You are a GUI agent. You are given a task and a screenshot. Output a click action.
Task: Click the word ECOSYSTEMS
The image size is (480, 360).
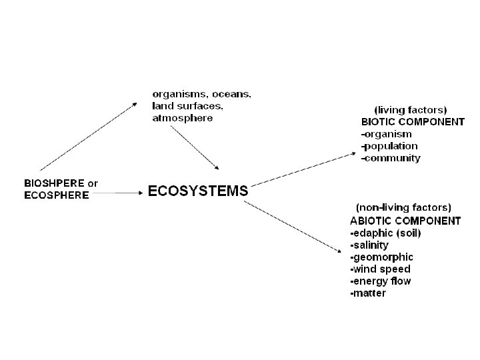[x=197, y=191]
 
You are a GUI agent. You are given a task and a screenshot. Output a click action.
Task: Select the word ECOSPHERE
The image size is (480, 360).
[x=56, y=195]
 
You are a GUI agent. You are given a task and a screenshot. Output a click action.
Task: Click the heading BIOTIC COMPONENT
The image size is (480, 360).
[x=413, y=122]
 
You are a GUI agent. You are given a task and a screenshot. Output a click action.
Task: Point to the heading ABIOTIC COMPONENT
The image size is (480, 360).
[x=405, y=221]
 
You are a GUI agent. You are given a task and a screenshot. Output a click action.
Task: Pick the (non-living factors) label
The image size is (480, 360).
[x=403, y=208]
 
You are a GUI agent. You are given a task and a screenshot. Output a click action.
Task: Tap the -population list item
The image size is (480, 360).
[x=389, y=146]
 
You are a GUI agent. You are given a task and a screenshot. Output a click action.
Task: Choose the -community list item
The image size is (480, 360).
[x=391, y=158]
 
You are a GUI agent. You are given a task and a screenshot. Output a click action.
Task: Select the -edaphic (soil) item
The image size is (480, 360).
[x=385, y=233]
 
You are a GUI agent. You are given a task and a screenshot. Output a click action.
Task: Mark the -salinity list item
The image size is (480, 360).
[x=369, y=245]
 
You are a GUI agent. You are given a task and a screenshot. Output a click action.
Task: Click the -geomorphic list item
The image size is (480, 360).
[x=381, y=257]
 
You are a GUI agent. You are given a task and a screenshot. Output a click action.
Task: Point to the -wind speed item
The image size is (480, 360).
[x=380, y=269]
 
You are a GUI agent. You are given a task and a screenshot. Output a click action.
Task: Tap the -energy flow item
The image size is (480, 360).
[x=381, y=281]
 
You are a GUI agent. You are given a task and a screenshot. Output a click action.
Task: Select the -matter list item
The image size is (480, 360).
[x=368, y=293]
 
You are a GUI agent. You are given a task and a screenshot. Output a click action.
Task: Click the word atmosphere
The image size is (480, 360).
[x=183, y=118]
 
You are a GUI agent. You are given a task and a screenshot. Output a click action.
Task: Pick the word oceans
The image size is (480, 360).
[x=231, y=94]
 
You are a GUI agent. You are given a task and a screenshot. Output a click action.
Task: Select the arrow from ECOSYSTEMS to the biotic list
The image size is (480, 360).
[x=303, y=168]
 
